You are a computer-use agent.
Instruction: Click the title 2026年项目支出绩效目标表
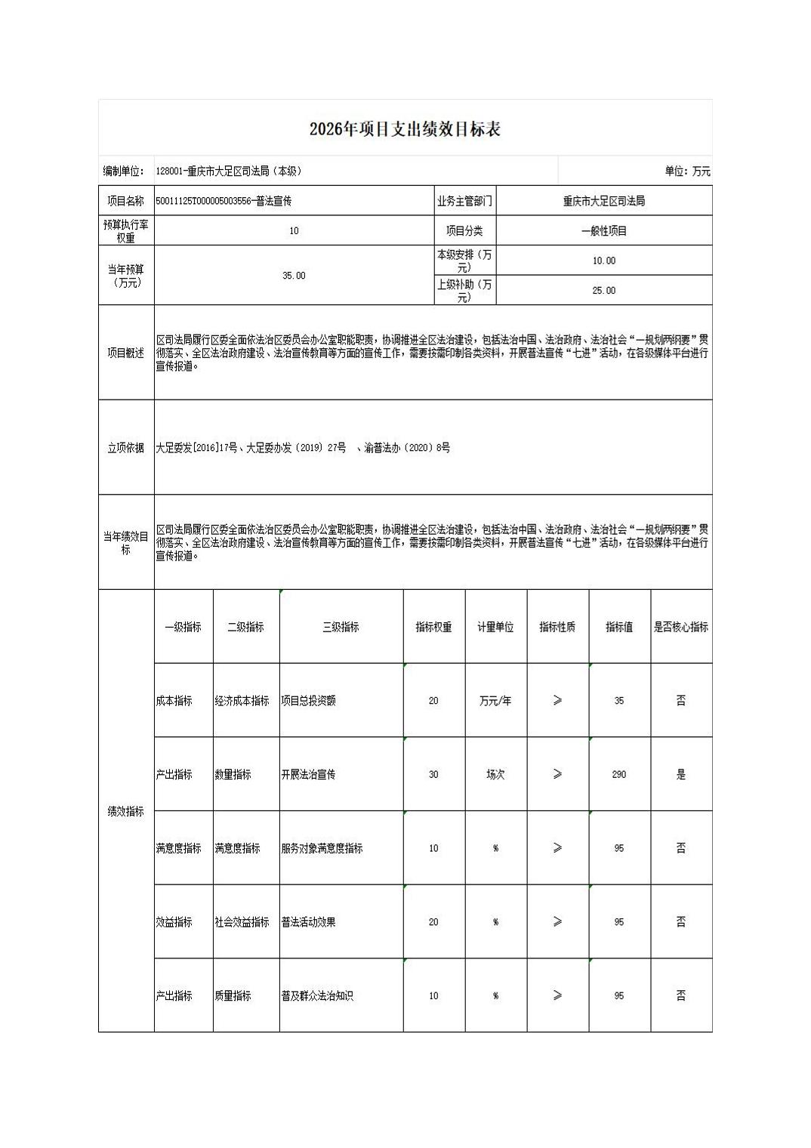click(405, 129)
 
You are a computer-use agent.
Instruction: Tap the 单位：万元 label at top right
click(687, 171)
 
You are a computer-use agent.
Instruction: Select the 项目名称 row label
click(126, 201)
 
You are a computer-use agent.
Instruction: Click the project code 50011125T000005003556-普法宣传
click(224, 201)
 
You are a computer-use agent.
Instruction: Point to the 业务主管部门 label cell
click(464, 201)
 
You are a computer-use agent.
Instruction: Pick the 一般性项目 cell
click(603, 230)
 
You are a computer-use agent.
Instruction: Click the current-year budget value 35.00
click(294, 276)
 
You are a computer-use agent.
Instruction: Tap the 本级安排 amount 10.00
click(603, 261)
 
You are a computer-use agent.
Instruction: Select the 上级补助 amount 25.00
click(603, 290)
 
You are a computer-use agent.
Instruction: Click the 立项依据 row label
click(126, 448)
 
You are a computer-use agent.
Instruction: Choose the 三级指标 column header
click(341, 627)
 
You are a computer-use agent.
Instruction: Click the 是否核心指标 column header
click(680, 627)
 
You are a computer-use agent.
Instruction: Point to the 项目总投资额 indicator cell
click(309, 701)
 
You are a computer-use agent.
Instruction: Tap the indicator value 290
click(618, 774)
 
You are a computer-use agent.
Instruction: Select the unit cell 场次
click(495, 774)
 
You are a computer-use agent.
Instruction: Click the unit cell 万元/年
click(495, 701)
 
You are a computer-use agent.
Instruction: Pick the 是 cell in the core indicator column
click(680, 774)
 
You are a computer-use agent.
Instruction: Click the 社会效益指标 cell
click(242, 922)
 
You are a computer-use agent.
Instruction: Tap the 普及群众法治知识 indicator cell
click(317, 996)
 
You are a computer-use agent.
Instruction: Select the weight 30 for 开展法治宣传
click(433, 774)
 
